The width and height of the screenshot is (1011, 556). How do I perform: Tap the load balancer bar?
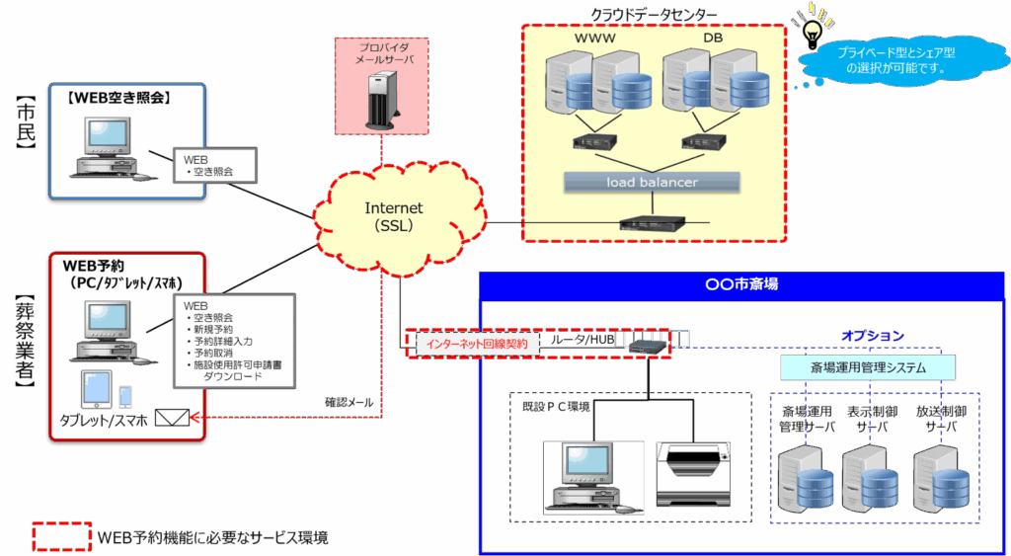[653, 182]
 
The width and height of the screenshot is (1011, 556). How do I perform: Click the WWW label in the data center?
[594, 38]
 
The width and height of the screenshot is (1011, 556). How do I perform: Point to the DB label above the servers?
[714, 38]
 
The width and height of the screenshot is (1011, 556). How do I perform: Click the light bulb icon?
[813, 21]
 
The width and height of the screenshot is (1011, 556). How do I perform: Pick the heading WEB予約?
[93, 266]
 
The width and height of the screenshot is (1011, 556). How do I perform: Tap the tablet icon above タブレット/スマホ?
[96, 388]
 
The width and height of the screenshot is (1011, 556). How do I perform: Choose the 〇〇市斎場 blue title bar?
[741, 284]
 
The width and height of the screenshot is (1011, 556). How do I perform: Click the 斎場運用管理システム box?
[868, 368]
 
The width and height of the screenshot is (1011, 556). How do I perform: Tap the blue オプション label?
[873, 336]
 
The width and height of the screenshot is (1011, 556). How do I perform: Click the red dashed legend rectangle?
[62, 536]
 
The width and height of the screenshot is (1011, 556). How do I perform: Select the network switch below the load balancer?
[653, 222]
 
